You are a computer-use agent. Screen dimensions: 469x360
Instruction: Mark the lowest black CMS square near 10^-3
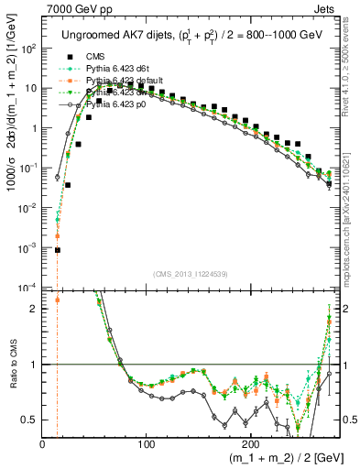pos(57,250)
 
